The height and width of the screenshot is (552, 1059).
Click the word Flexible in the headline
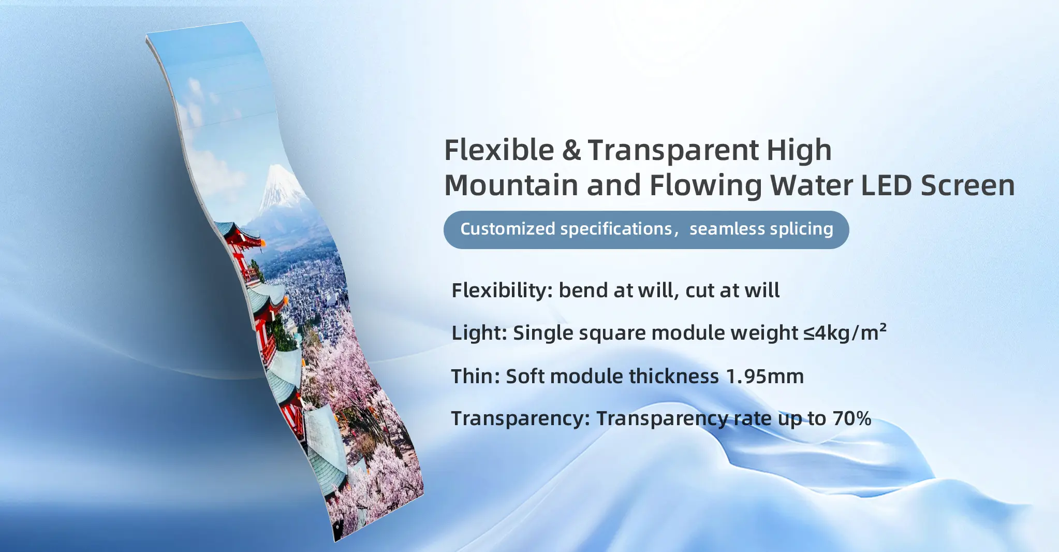pos(499,150)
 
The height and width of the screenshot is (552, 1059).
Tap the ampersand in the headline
pos(571,151)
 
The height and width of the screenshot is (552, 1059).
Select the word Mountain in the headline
pos(511,185)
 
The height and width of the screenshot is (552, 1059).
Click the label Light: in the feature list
pos(479,333)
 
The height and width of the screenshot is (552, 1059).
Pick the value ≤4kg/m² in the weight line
pos(845,332)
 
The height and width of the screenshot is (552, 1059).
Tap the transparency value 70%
pos(852,418)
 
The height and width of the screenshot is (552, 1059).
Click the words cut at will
pos(732,290)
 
